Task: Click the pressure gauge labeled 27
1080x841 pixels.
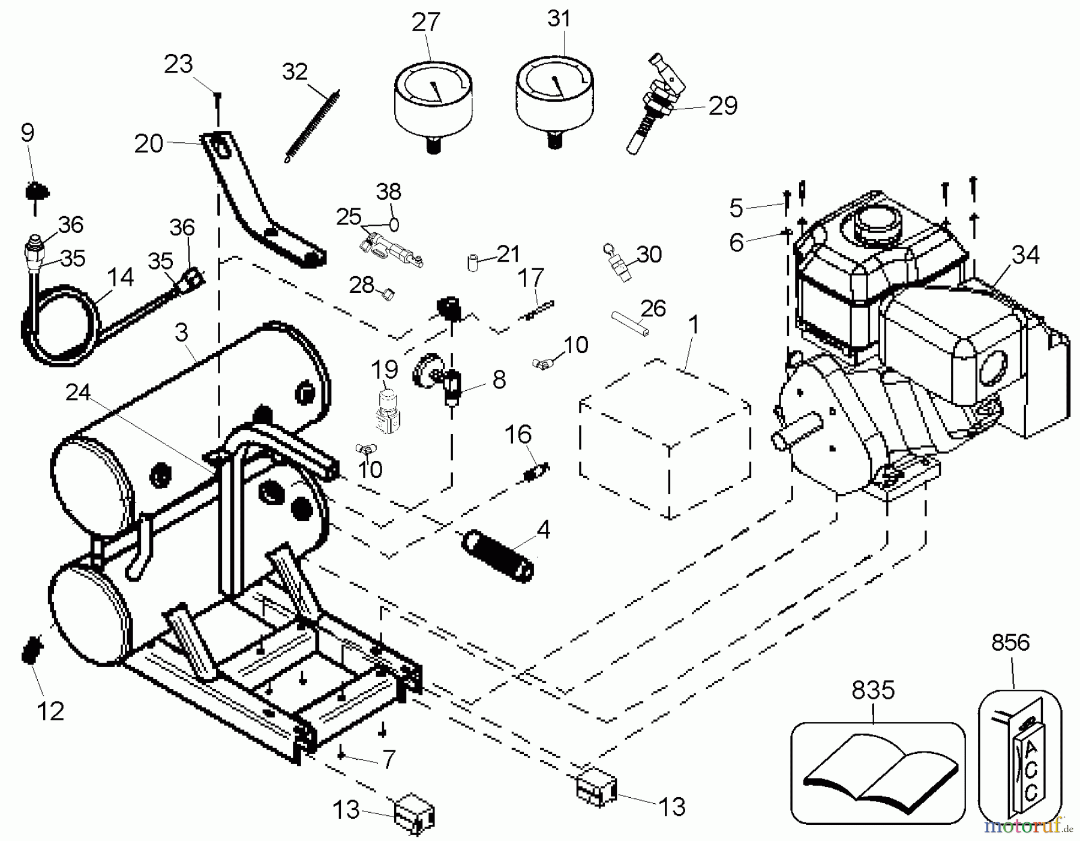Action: (x=432, y=99)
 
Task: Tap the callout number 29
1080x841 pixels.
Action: (x=722, y=106)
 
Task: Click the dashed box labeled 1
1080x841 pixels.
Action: (x=666, y=438)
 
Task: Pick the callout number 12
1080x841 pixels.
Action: (x=50, y=711)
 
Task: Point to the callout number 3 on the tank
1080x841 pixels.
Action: (x=181, y=332)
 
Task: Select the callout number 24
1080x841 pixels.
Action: (x=77, y=393)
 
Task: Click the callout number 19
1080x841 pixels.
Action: (x=384, y=367)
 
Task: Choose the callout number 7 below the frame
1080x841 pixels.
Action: (x=389, y=759)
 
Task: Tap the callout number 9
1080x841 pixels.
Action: (x=28, y=133)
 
